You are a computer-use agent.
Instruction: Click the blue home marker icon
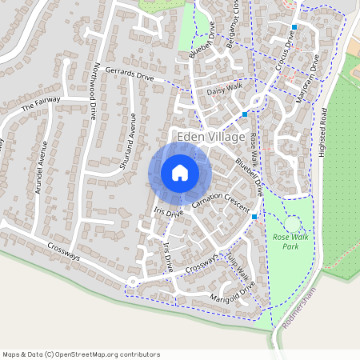(x=180, y=172)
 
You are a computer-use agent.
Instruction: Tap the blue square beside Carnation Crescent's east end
(x=254, y=217)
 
